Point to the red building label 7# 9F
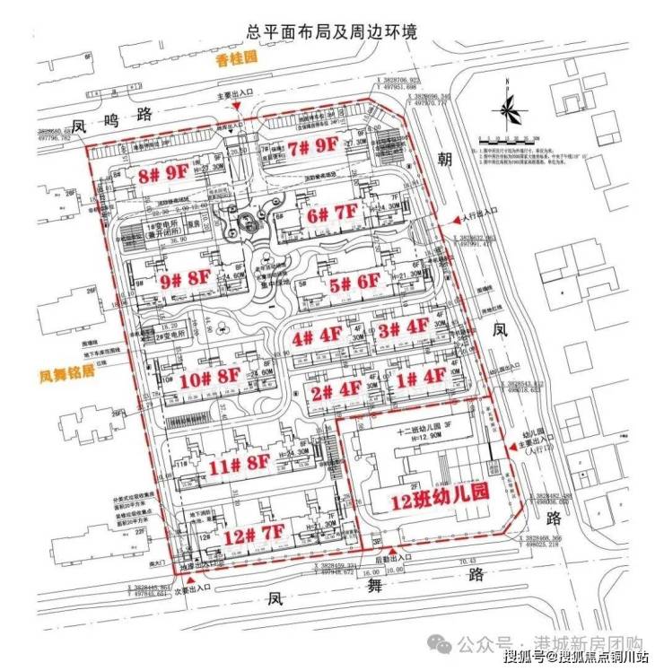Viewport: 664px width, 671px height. tap(312, 144)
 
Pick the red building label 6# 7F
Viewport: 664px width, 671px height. tap(330, 215)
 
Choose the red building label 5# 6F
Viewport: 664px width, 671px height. tap(352, 284)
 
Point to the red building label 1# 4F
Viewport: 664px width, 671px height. tap(421, 377)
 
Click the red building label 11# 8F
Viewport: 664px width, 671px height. tap(238, 465)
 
